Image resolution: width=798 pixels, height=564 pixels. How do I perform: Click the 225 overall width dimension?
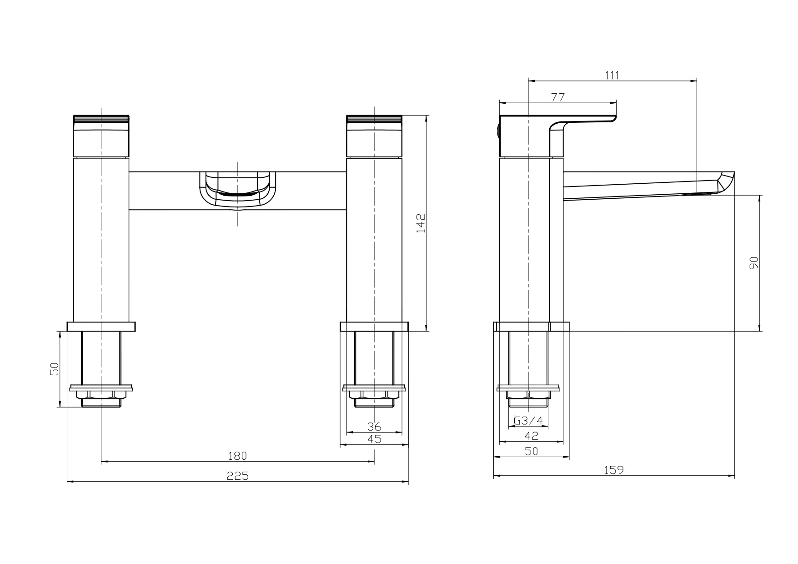click(x=237, y=476)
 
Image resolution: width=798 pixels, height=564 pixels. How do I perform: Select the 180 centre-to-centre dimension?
click(x=237, y=456)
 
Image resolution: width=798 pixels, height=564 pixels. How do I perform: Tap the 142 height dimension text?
click(x=421, y=223)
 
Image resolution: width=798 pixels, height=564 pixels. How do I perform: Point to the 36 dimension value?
click(x=374, y=427)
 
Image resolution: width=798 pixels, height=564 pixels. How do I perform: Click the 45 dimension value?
click(x=374, y=439)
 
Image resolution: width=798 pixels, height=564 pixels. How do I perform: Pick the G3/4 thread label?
click(x=528, y=421)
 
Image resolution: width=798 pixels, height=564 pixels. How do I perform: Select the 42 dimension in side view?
click(x=531, y=436)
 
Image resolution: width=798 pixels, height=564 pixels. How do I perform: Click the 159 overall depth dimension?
click(x=614, y=470)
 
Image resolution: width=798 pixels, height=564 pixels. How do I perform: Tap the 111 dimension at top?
click(x=612, y=76)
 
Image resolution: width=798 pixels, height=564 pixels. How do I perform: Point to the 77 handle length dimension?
click(x=558, y=97)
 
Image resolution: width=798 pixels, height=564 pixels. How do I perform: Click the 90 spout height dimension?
click(x=754, y=263)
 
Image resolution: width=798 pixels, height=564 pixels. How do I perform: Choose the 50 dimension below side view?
click(x=531, y=451)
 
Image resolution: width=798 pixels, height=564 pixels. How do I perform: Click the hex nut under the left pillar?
click(x=101, y=395)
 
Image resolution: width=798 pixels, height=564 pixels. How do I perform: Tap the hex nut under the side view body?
click(x=528, y=395)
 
